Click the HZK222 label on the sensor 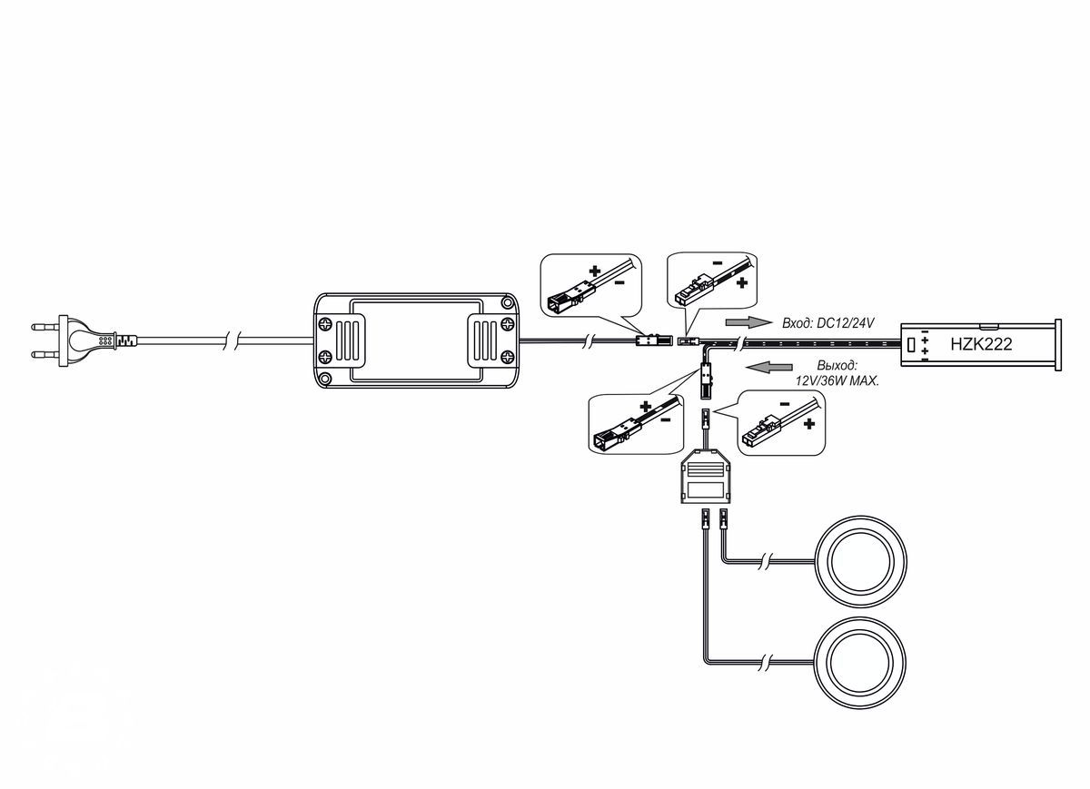(x=981, y=344)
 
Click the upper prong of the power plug (x=45, y=326)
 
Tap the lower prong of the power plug (x=45, y=355)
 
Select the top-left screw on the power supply (x=325, y=324)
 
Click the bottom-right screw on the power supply (x=507, y=358)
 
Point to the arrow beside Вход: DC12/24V (x=748, y=322)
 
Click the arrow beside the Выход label (x=768, y=367)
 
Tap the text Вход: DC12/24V (x=827, y=322)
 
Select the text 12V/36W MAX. (x=837, y=380)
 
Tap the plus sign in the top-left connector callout (x=595, y=271)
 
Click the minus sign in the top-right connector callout (x=718, y=263)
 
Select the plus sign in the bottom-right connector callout (x=809, y=424)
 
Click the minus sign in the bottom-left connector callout (x=666, y=419)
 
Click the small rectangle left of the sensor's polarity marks (x=912, y=344)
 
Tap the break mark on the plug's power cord (x=232, y=340)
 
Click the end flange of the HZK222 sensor (x=1057, y=344)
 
